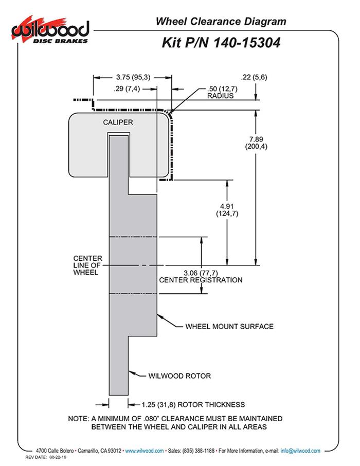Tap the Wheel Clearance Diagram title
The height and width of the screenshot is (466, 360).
point(221,22)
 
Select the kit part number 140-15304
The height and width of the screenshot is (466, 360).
point(221,43)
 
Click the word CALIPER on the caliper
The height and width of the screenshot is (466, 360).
point(118,122)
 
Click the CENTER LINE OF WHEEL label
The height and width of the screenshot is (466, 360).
point(87,265)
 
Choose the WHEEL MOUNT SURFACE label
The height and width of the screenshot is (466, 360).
point(229,326)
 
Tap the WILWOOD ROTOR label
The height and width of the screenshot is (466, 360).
point(179,376)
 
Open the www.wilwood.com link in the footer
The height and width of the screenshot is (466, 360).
point(145,451)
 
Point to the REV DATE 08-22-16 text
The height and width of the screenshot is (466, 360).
point(47,457)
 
